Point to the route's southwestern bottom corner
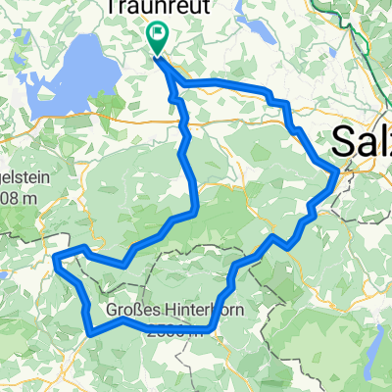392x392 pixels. tap(90, 332)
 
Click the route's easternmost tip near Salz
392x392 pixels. tap(338, 171)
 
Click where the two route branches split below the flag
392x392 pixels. tap(171, 76)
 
